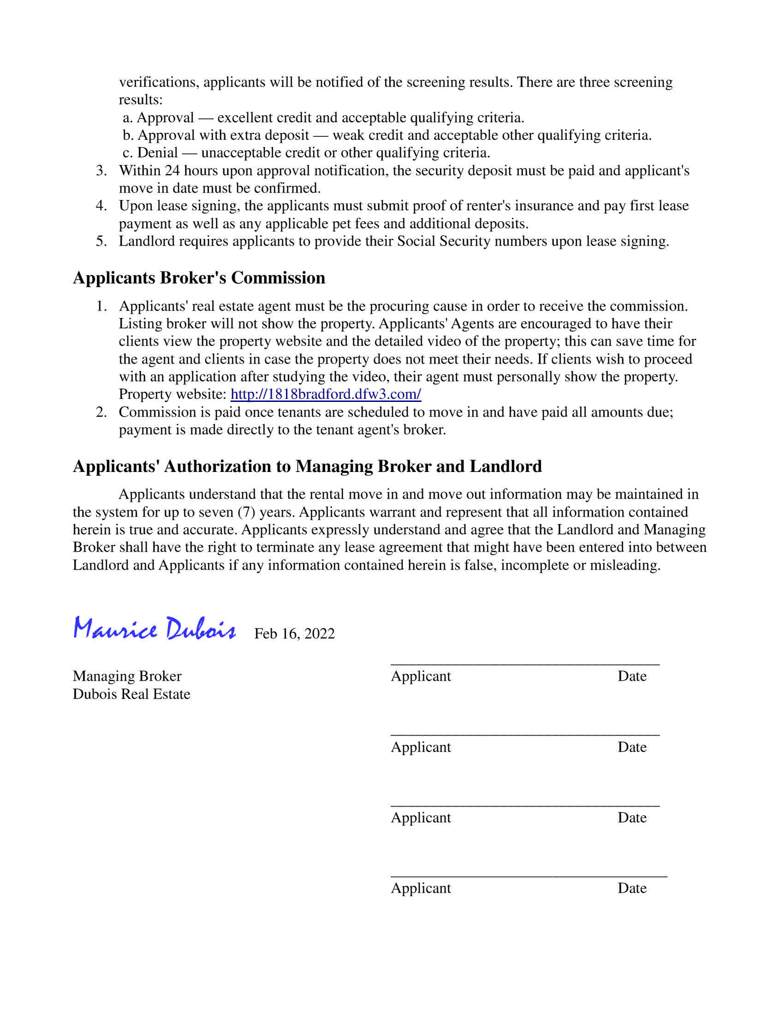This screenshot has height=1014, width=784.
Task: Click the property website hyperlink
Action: click(x=326, y=394)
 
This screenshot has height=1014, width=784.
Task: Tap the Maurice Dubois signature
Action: click(x=154, y=629)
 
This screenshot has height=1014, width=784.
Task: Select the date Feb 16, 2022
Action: click(x=294, y=634)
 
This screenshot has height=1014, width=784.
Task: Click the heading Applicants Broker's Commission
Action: click(x=199, y=277)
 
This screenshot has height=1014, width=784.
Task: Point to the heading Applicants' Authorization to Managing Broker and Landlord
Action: click(x=307, y=466)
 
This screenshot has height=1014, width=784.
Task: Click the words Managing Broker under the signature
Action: click(x=127, y=676)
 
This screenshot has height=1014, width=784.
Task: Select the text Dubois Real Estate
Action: click(x=131, y=694)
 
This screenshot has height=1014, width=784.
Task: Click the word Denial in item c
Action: click(x=157, y=153)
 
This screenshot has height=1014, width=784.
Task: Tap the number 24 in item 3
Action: click(x=172, y=171)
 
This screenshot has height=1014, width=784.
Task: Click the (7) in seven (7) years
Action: click(x=246, y=512)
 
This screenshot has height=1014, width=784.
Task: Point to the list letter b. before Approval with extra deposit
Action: click(x=128, y=135)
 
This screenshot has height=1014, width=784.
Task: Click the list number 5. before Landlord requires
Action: click(x=101, y=242)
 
